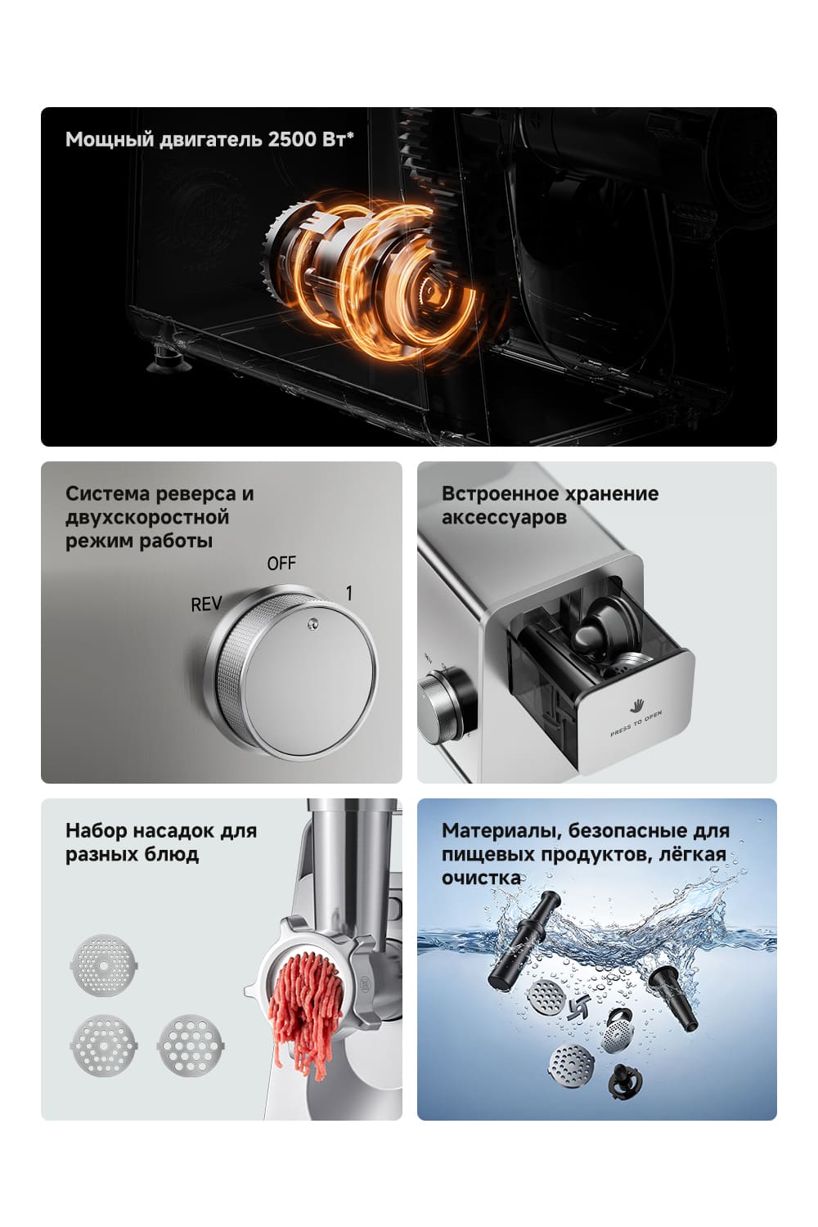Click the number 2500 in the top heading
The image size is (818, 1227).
tap(291, 139)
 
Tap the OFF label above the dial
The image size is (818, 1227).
tap(281, 564)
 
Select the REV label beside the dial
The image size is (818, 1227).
tap(206, 605)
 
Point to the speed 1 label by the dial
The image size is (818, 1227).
tap(349, 593)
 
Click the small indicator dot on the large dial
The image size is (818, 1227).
tap(312, 623)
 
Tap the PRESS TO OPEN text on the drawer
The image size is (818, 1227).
tap(636, 724)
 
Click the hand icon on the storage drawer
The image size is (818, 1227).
tap(636, 705)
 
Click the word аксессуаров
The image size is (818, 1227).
tap(504, 517)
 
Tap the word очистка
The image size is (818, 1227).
tap(481, 878)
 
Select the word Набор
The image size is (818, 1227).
tap(97, 830)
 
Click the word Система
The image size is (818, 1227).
tap(109, 493)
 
